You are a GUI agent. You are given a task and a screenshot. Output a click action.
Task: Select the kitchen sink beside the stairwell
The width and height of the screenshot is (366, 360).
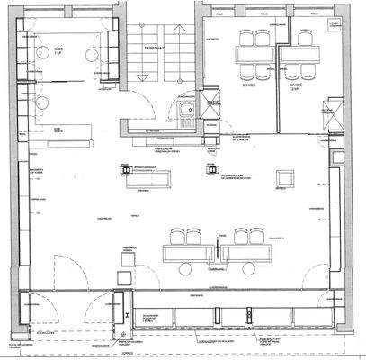click(x=186, y=112)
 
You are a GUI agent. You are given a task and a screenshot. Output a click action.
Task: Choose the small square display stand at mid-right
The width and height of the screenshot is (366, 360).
click(x=283, y=176)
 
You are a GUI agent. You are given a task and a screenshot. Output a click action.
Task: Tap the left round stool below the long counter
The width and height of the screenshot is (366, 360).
click(x=192, y=264)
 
